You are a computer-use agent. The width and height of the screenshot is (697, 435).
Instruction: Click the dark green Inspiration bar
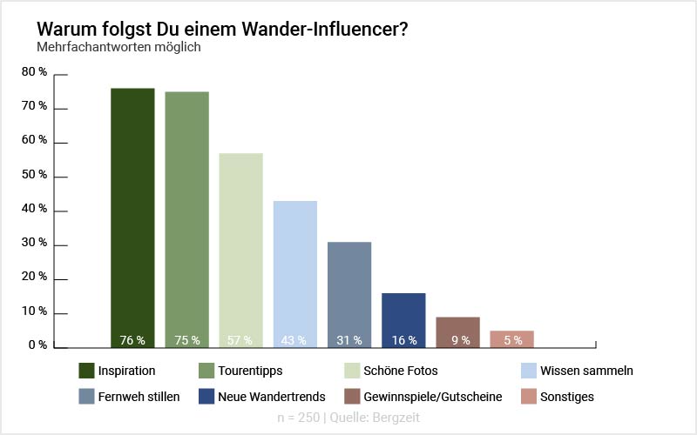pyautogui.click(x=132, y=217)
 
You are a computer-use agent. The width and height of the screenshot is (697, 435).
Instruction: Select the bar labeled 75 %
pyautogui.click(x=186, y=219)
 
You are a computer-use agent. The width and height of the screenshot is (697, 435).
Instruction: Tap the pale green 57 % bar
pyautogui.click(x=240, y=251)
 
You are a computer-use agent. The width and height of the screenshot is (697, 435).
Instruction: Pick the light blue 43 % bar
pyautogui.click(x=294, y=274)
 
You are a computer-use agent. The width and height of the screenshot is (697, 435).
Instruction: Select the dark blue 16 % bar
pyautogui.click(x=403, y=320)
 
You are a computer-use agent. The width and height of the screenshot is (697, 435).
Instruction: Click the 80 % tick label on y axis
pyautogui.click(x=35, y=72)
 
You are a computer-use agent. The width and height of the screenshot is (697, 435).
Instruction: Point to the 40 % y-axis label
pyautogui.click(x=35, y=209)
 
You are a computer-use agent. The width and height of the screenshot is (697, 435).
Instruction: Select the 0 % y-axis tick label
pyautogui.click(x=37, y=345)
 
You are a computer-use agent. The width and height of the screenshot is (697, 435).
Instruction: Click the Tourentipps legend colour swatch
pyautogui.click(x=207, y=371)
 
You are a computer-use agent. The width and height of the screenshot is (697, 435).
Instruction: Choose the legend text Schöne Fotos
pyautogui.click(x=401, y=371)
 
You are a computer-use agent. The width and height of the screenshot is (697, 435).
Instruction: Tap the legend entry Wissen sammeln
pyautogui.click(x=586, y=371)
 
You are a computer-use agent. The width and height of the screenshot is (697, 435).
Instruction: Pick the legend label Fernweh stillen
pyautogui.click(x=139, y=397)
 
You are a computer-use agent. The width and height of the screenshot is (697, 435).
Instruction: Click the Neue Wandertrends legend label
pyautogui.click(x=273, y=397)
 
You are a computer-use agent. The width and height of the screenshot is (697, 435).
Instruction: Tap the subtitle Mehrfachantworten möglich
pyautogui.click(x=118, y=47)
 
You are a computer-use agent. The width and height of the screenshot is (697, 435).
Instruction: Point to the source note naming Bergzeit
pyautogui.click(x=348, y=418)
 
